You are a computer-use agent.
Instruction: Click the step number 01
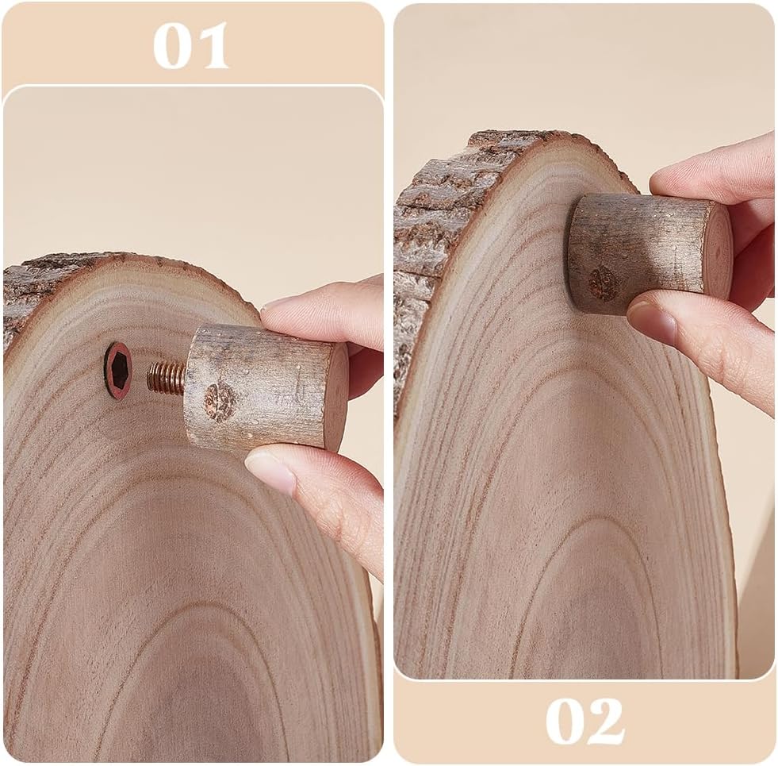point(191,46)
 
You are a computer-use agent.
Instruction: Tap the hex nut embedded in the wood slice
point(118,371)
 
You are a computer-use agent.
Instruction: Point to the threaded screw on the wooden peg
point(167,378)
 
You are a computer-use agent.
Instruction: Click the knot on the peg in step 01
point(220,402)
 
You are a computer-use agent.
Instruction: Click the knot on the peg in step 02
point(604,283)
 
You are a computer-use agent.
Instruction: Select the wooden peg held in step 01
point(266,387)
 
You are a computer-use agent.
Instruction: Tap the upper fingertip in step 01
point(278,308)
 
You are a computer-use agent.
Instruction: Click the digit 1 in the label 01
point(212,46)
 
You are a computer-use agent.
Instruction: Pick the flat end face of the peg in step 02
point(719,254)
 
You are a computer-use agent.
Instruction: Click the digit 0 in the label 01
point(171,46)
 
